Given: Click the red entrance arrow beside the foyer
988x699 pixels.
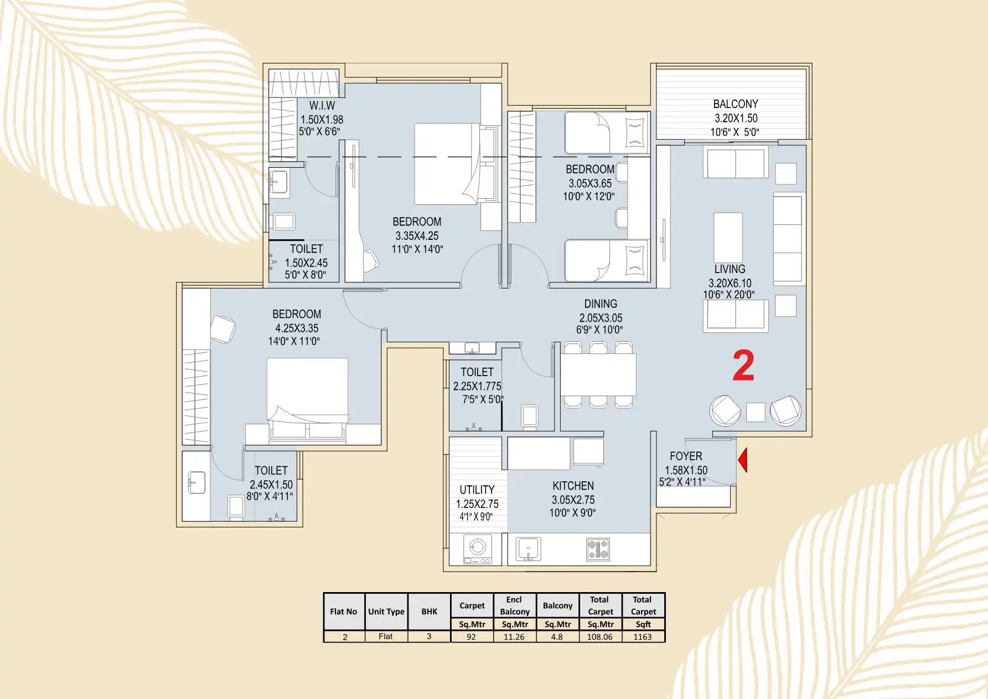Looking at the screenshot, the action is [x=743, y=460].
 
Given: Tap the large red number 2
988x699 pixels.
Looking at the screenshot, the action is [x=743, y=366].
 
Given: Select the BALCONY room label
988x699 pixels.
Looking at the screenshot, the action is [x=736, y=104].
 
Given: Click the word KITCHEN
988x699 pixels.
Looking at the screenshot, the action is [x=573, y=486].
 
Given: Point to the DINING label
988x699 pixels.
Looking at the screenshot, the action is [x=601, y=304].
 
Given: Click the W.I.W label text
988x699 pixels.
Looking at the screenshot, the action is [x=322, y=105].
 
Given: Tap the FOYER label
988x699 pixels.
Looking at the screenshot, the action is [x=686, y=456].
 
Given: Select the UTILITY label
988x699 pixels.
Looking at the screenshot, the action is [x=477, y=490].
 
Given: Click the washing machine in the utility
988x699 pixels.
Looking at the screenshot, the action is [x=477, y=549].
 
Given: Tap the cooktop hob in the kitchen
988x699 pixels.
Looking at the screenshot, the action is [x=598, y=549].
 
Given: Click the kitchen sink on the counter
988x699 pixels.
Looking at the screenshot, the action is [x=528, y=549].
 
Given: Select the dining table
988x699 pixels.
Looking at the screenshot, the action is [x=598, y=375].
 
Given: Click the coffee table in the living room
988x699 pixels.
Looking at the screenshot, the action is [x=728, y=238].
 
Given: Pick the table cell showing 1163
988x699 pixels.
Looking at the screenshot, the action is [x=643, y=637].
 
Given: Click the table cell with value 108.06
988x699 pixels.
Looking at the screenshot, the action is [x=600, y=637].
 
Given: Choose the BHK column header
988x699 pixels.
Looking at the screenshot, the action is [x=429, y=611].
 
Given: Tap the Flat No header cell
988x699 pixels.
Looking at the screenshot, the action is [x=344, y=611].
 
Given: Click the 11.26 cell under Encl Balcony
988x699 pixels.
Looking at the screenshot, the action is [x=514, y=637].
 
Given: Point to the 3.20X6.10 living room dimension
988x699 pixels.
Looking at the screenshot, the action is [x=730, y=284].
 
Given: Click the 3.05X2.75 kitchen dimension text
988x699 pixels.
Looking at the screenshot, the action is [x=573, y=500].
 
